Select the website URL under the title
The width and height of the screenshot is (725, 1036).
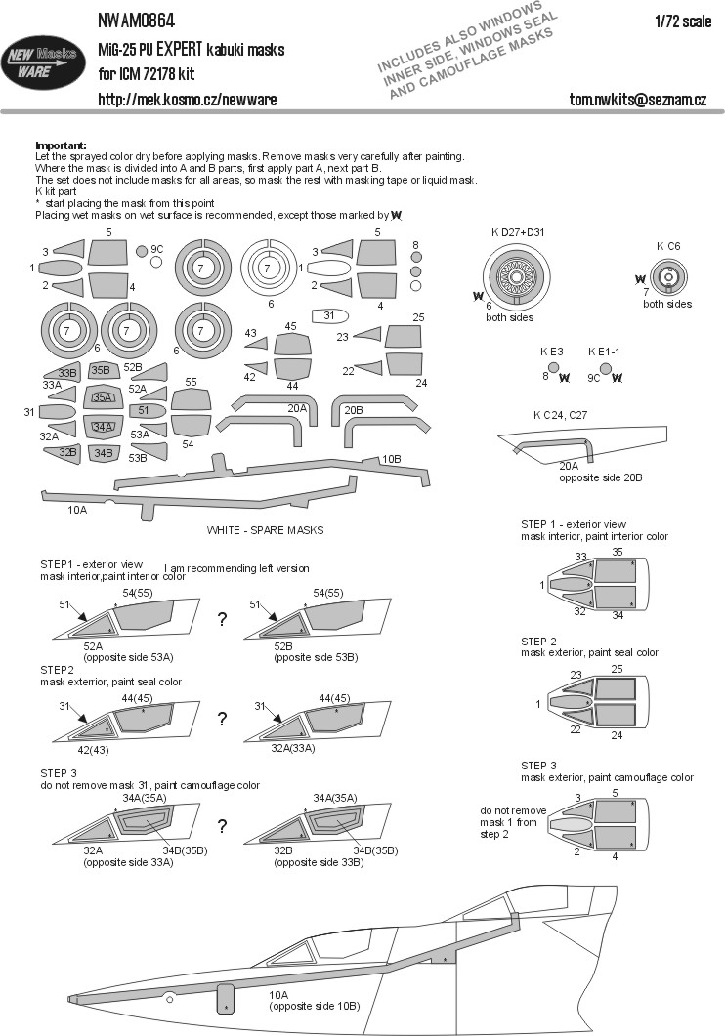[187, 100]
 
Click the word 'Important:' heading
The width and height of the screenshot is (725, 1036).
[61, 144]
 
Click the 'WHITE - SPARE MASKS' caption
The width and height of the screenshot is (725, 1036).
[265, 529]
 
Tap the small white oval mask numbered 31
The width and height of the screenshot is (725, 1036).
[329, 315]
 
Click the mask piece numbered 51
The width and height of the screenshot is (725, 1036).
[143, 410]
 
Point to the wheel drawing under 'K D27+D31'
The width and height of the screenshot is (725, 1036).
[520, 273]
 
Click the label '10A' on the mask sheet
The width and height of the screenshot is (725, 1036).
[77, 509]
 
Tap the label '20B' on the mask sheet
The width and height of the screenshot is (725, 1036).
[353, 408]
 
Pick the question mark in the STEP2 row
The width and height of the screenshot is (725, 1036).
[223, 720]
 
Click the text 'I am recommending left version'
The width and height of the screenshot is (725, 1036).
[237, 567]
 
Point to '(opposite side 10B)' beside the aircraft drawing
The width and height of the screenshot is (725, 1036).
[314, 1006]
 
